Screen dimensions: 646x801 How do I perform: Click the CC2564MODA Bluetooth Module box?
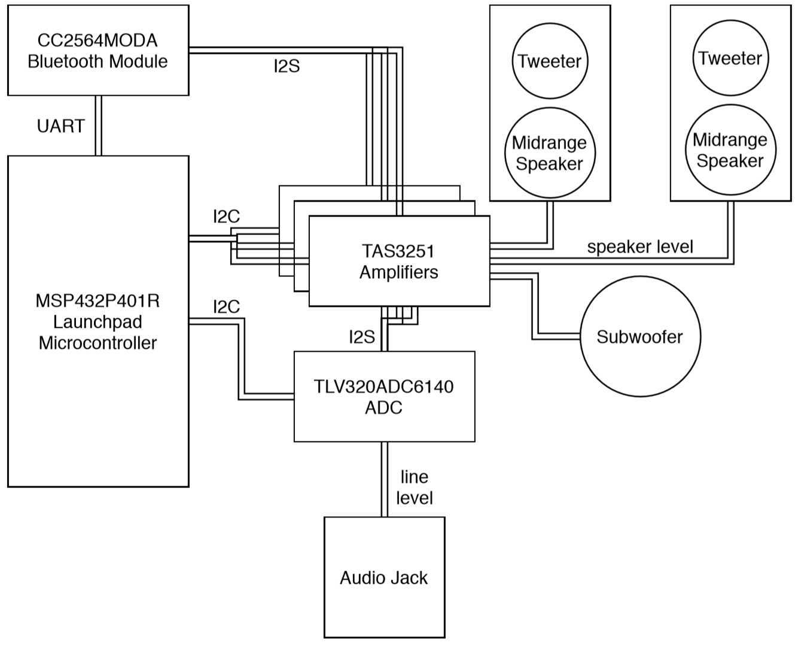click(x=98, y=50)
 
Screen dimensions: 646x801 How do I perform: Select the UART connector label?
click(x=60, y=126)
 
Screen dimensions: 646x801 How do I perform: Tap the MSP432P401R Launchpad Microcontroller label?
click(x=98, y=322)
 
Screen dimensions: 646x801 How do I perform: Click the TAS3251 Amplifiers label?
click(x=398, y=261)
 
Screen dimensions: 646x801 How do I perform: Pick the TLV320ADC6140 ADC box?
click(x=384, y=397)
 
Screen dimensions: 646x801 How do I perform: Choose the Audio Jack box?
click(x=384, y=577)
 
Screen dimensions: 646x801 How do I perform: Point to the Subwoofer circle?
click(x=639, y=337)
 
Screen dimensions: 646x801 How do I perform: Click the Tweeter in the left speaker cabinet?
click(x=549, y=61)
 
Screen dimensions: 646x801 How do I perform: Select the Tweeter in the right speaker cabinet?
click(x=730, y=58)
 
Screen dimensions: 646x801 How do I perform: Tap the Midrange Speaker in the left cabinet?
click(x=549, y=153)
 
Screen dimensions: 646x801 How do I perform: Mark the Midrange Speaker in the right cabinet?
click(x=730, y=150)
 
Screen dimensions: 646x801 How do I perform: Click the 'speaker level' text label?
click(x=640, y=246)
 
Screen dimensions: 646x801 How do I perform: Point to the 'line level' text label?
click(x=415, y=487)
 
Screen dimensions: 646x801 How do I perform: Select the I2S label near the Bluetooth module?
click(x=287, y=66)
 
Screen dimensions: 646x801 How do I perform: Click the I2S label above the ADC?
click(x=362, y=337)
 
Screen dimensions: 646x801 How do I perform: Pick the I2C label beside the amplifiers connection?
click(x=226, y=217)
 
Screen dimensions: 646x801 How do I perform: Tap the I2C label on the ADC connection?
click(x=226, y=307)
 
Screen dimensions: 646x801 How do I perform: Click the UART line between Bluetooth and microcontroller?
click(x=99, y=126)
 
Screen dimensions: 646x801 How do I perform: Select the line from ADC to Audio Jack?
click(x=384, y=479)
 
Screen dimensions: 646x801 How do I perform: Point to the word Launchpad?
click(x=98, y=322)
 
